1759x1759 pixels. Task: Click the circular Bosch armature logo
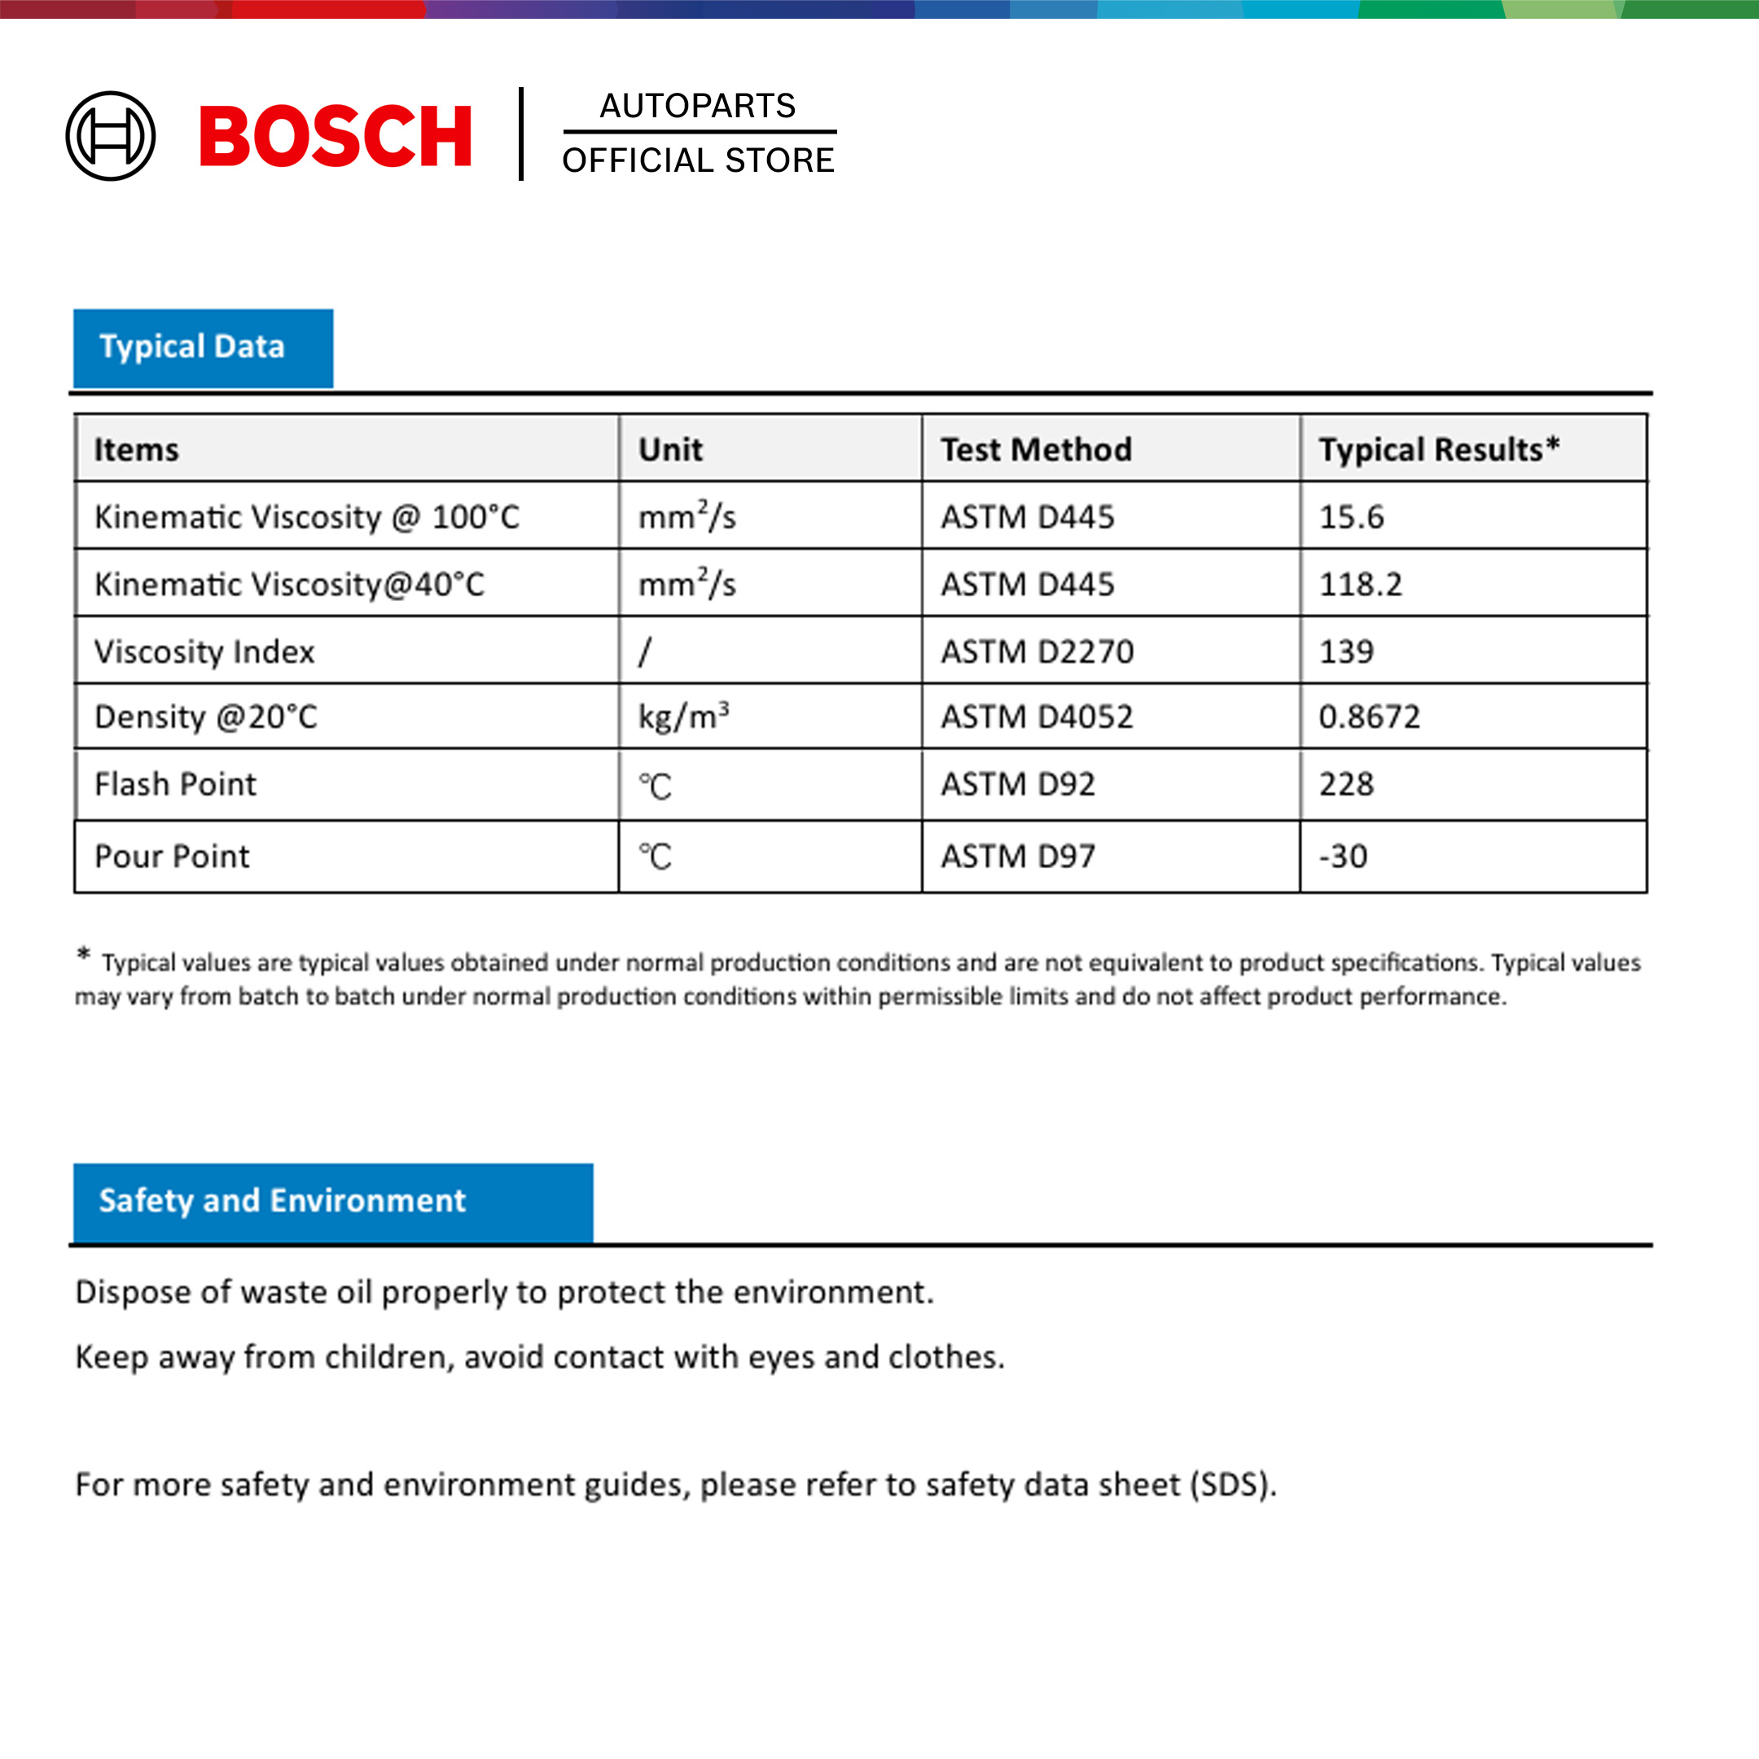[110, 136]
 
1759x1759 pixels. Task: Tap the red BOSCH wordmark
[335, 137]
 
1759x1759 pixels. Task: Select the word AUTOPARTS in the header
[697, 106]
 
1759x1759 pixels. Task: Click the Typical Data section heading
[192, 347]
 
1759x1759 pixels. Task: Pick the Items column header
[137, 450]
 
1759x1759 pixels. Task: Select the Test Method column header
[1036, 450]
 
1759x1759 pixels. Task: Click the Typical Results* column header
[1438, 450]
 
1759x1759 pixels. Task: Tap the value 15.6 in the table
[1351, 517]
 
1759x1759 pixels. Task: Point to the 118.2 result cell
[1360, 585]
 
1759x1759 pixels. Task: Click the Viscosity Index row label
[205, 651]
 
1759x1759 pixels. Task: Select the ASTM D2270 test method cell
[1037, 651]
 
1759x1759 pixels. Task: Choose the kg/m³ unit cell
[684, 717]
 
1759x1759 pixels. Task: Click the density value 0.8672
[1369, 717]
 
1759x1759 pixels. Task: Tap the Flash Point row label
[176, 785]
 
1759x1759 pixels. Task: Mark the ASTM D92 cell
[1018, 785]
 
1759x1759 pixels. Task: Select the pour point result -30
[1343, 857]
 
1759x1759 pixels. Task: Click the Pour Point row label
[172, 857]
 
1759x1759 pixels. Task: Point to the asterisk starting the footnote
[84, 954]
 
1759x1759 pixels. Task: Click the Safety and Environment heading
[283, 1201]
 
